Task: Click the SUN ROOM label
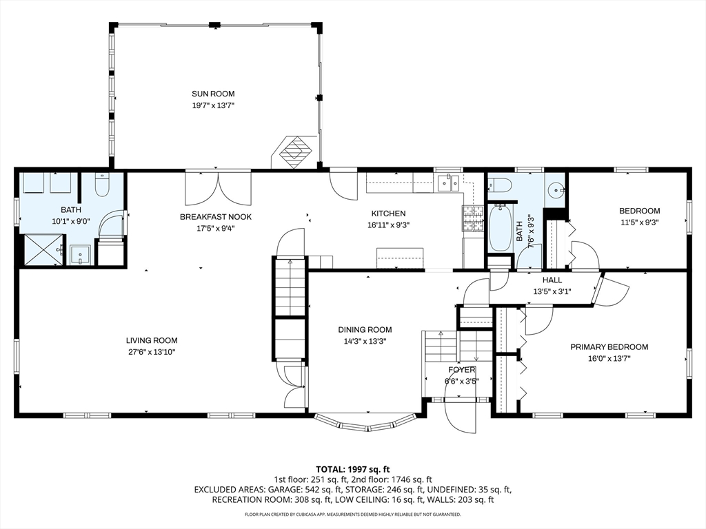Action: [x=213, y=94]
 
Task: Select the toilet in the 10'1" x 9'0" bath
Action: [x=102, y=184]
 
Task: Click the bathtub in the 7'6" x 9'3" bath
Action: [x=499, y=227]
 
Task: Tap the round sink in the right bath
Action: [x=555, y=189]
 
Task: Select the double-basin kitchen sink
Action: [x=450, y=183]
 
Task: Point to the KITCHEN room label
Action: [x=389, y=214]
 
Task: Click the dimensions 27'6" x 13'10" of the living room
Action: [x=152, y=352]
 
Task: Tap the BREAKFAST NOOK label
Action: [x=216, y=216]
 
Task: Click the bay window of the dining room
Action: [x=366, y=422]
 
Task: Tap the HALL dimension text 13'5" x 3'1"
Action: [x=552, y=291]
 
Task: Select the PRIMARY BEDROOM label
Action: [x=609, y=347]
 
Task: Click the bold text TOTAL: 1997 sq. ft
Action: [x=352, y=469]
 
